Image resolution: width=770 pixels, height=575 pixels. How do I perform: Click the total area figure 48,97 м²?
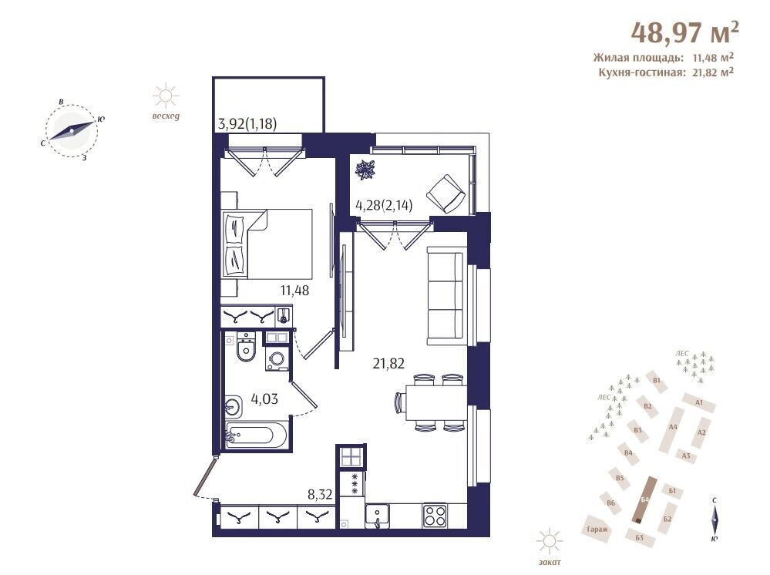(684, 32)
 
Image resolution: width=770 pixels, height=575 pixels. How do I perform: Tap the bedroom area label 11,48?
(294, 291)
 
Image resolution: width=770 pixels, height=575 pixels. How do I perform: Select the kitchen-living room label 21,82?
(388, 364)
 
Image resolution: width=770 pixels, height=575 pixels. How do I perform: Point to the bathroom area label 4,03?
(264, 398)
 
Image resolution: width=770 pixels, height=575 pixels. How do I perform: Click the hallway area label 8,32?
(320, 494)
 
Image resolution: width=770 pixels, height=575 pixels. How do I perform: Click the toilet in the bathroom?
(246, 346)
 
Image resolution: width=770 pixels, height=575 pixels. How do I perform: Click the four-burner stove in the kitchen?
(435, 516)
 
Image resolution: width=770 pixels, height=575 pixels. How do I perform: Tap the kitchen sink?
(377, 516)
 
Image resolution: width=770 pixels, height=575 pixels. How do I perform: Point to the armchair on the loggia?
(446, 193)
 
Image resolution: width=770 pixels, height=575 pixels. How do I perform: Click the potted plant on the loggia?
(366, 170)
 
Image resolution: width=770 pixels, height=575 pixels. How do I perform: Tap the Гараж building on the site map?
(597, 529)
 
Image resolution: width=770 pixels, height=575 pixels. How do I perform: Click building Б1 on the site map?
(672, 491)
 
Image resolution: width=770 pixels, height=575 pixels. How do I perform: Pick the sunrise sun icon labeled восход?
(165, 96)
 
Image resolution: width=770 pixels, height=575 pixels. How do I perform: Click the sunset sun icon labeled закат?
(550, 543)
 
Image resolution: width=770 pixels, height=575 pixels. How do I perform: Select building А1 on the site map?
(700, 402)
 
